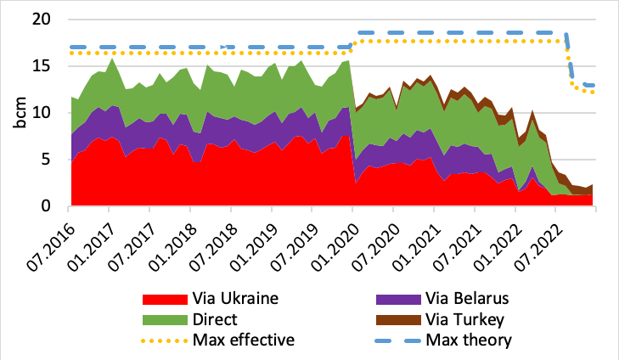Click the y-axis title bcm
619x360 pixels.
(20, 113)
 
